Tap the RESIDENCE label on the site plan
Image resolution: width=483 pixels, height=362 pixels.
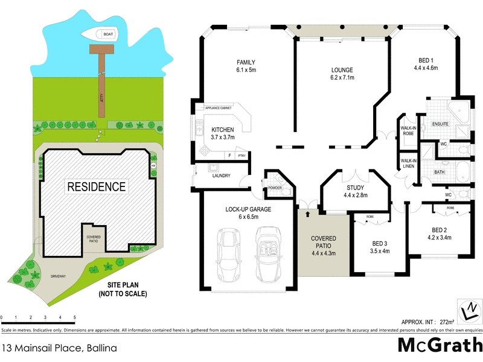(96, 186)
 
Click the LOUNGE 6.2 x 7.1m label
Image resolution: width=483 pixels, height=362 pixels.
(341, 73)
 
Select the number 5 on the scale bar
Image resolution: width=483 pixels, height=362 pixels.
(74, 317)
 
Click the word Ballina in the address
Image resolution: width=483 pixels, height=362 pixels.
(94, 348)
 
